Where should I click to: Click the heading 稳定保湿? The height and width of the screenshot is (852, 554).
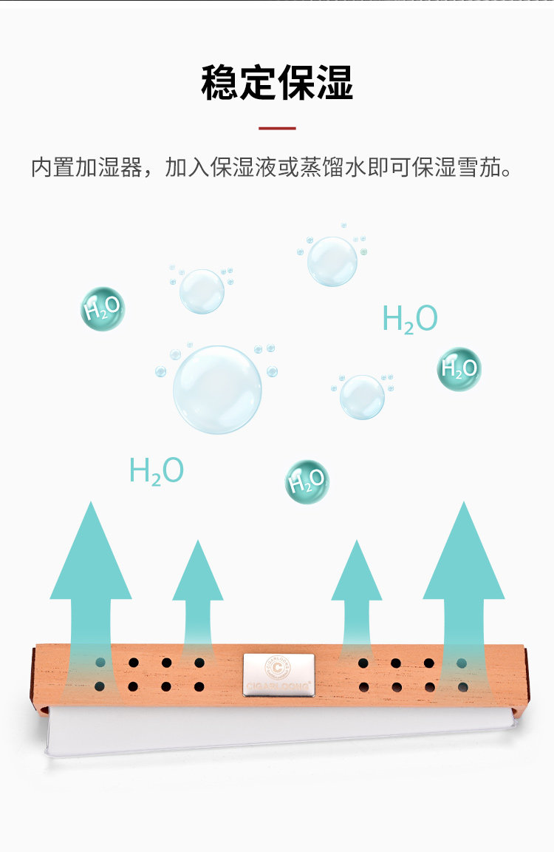pyautogui.click(x=277, y=84)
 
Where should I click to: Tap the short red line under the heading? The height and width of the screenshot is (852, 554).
pyautogui.click(x=277, y=128)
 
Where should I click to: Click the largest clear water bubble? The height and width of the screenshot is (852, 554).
pyautogui.click(x=217, y=389)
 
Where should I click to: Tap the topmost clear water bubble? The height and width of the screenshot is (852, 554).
pyautogui.click(x=332, y=260)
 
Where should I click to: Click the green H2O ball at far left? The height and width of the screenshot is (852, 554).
pyautogui.click(x=102, y=308)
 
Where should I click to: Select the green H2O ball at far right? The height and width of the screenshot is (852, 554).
pyautogui.click(x=459, y=368)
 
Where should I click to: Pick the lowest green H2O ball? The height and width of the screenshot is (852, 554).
pyautogui.click(x=307, y=481)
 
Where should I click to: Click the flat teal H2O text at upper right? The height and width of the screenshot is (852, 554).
pyautogui.click(x=410, y=319)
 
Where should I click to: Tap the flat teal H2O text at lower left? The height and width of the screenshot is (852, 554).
pyautogui.click(x=156, y=471)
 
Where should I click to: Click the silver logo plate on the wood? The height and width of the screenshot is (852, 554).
pyautogui.click(x=278, y=675)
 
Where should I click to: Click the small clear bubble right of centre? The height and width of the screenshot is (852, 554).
pyautogui.click(x=362, y=396)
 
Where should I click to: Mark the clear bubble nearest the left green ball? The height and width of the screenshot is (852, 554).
pyautogui.click(x=202, y=291)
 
